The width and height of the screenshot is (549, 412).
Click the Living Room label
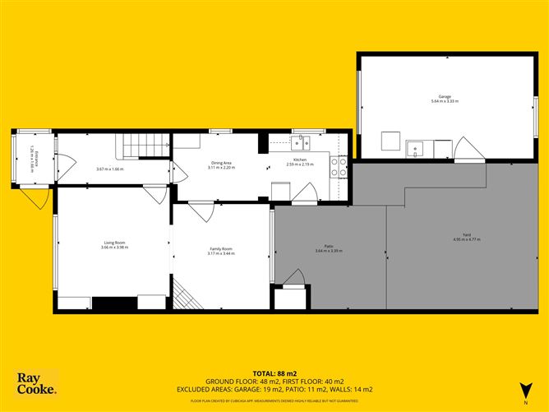[113, 242]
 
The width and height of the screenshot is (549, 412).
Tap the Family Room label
[220, 250]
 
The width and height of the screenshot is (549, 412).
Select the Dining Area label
[221, 163]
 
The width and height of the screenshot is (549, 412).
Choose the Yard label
[466, 236]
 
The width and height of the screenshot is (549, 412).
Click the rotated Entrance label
[31, 156]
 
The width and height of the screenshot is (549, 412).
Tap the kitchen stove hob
[336, 168]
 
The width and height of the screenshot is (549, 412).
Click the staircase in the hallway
[142, 146]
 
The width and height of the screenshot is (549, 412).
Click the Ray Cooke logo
[36, 384]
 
